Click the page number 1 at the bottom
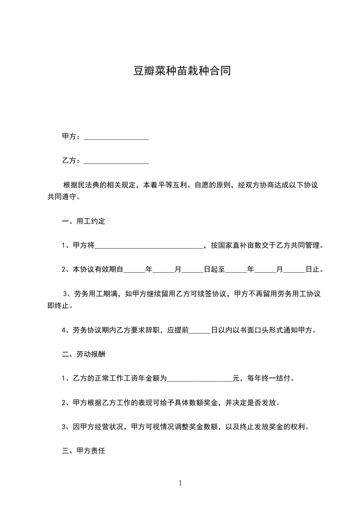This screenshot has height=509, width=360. [180, 483]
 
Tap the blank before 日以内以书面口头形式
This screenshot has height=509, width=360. [200, 330]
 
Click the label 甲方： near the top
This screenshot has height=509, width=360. [72, 137]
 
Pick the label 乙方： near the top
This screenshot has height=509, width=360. [72, 161]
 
